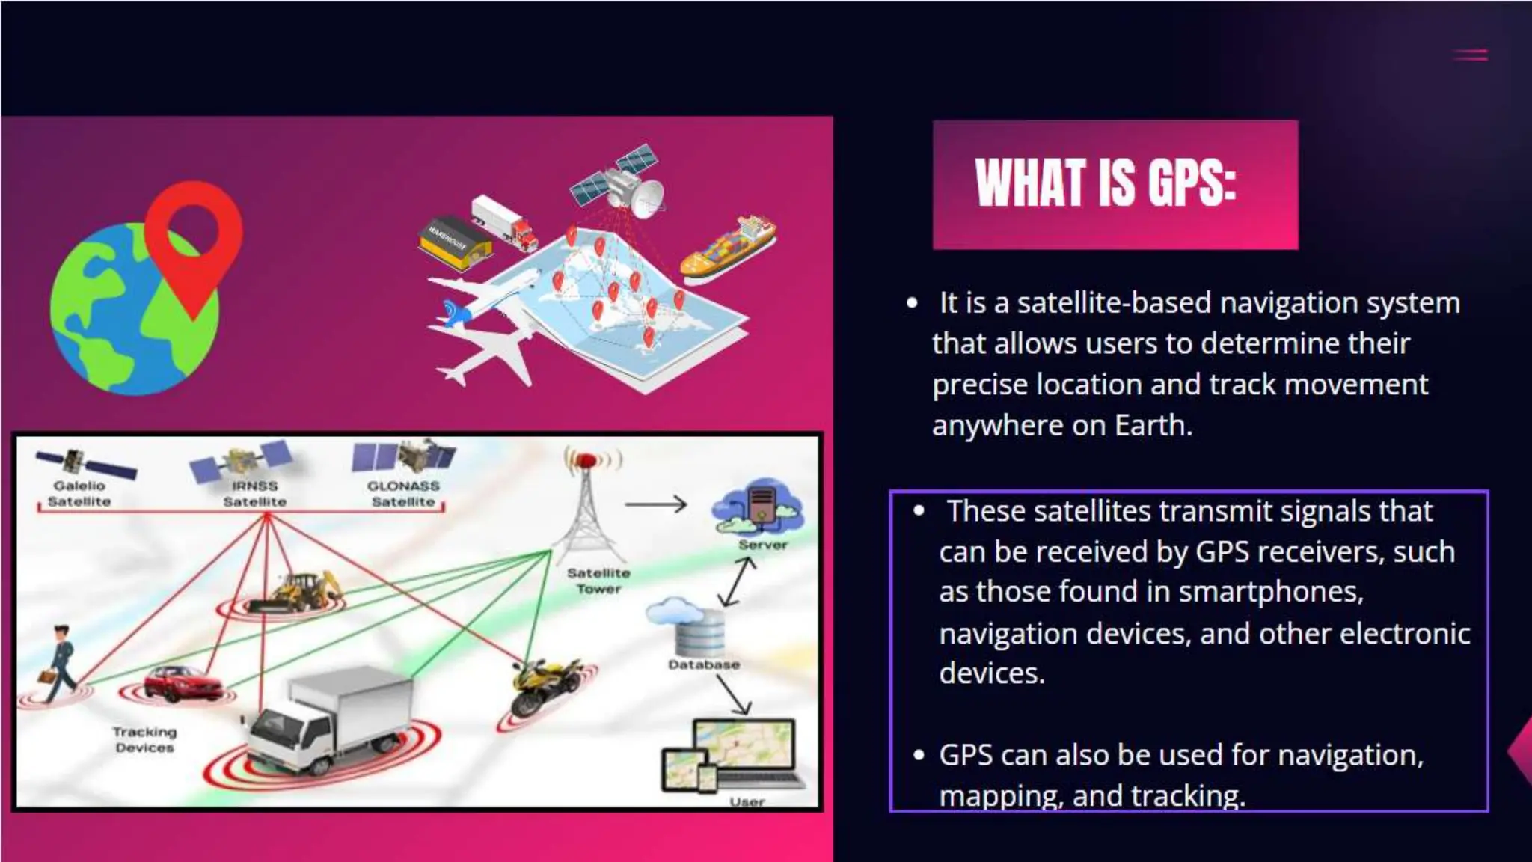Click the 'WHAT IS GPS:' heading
coord(1106,183)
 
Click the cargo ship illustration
coord(727,248)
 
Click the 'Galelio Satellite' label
coord(79,494)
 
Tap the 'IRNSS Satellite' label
coord(254,494)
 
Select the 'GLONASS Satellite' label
coord(403,494)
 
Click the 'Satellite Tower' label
coord(598,581)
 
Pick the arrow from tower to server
coord(655,504)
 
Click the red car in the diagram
coord(182,683)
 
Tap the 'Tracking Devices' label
coord(144,739)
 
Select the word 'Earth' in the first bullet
coord(1152,425)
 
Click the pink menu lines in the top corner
coord(1470,55)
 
